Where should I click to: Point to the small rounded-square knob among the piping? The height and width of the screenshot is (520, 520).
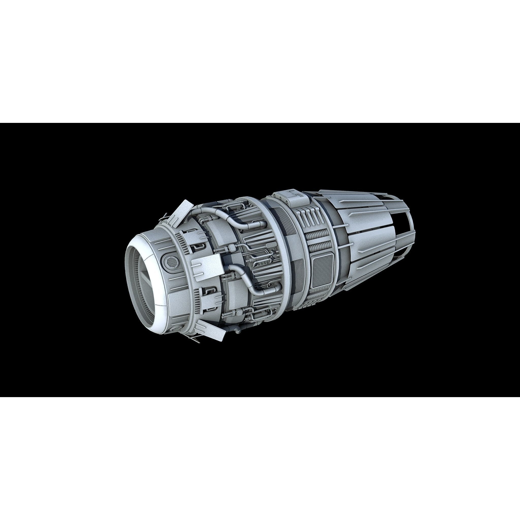click(232, 246)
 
